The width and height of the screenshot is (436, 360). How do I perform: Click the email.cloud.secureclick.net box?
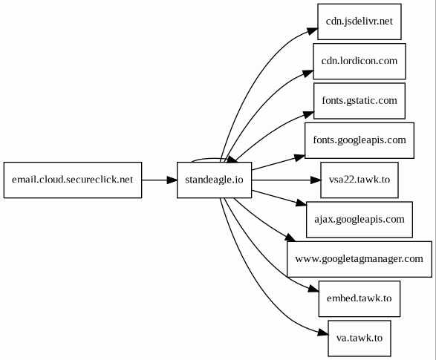pos(73,180)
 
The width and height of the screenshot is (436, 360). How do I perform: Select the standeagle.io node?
pos(215,180)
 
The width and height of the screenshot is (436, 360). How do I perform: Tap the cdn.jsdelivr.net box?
pos(359,22)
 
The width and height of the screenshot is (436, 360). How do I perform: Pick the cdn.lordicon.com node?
pos(359,61)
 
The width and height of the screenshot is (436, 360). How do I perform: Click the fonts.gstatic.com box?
pos(359,101)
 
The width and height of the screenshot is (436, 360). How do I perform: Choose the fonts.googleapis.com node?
pos(359,140)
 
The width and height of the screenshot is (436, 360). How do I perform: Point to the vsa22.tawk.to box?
pos(359,180)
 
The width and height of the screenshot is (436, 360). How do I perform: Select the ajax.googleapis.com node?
pos(359,220)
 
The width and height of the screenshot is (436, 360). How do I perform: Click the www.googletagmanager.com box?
pos(359,259)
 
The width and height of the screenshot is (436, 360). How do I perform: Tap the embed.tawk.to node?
pos(359,299)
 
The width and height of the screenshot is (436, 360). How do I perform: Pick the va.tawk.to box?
pos(359,338)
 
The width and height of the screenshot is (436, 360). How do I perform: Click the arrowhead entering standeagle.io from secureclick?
pos(172,180)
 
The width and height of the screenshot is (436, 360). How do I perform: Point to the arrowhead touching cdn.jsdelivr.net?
pos(313,31)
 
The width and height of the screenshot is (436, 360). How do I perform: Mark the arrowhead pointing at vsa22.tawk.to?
pos(316,180)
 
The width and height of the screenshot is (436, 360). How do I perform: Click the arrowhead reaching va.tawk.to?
pos(323,332)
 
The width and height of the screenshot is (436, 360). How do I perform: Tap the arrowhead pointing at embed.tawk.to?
pos(313,289)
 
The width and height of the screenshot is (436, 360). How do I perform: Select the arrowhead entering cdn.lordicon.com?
pos(308,73)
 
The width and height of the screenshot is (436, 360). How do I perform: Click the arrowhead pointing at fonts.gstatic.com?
pos(309,114)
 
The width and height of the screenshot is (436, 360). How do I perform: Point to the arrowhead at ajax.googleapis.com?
pos(302,203)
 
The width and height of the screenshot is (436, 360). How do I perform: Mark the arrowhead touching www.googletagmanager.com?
pos(290,238)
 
